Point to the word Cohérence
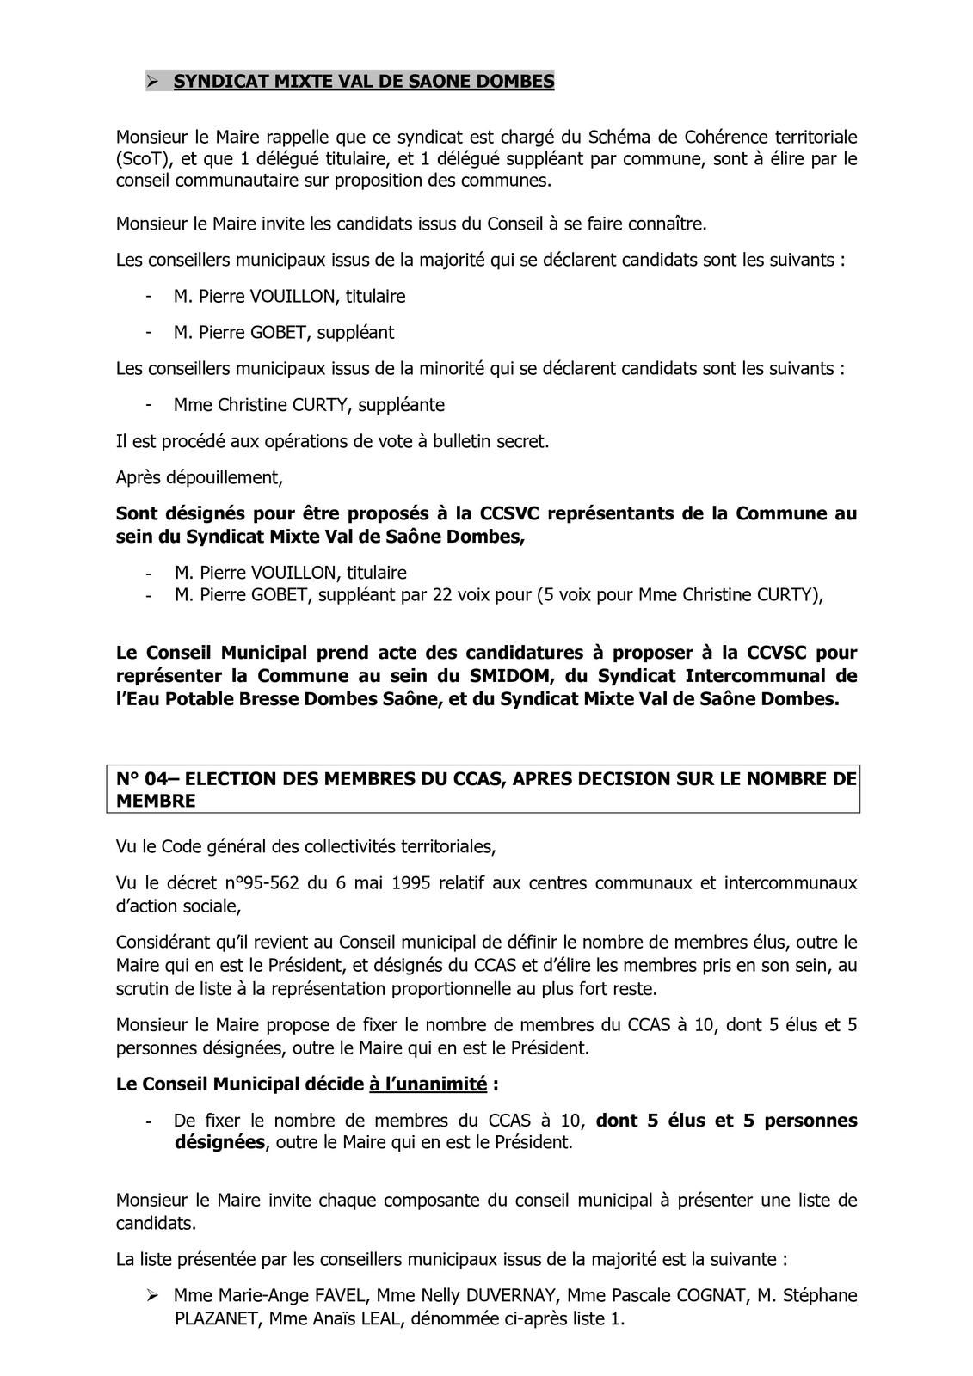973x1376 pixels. tap(724, 138)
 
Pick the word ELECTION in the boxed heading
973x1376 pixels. tap(229, 779)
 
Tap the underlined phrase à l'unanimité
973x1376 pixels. tap(428, 1084)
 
